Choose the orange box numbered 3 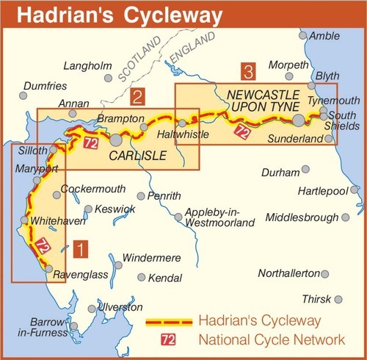pos(250,72)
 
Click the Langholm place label pos(85,65)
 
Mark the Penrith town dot pos(141,196)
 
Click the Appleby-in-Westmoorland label pos(219,217)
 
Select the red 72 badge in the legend pos(168,339)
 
